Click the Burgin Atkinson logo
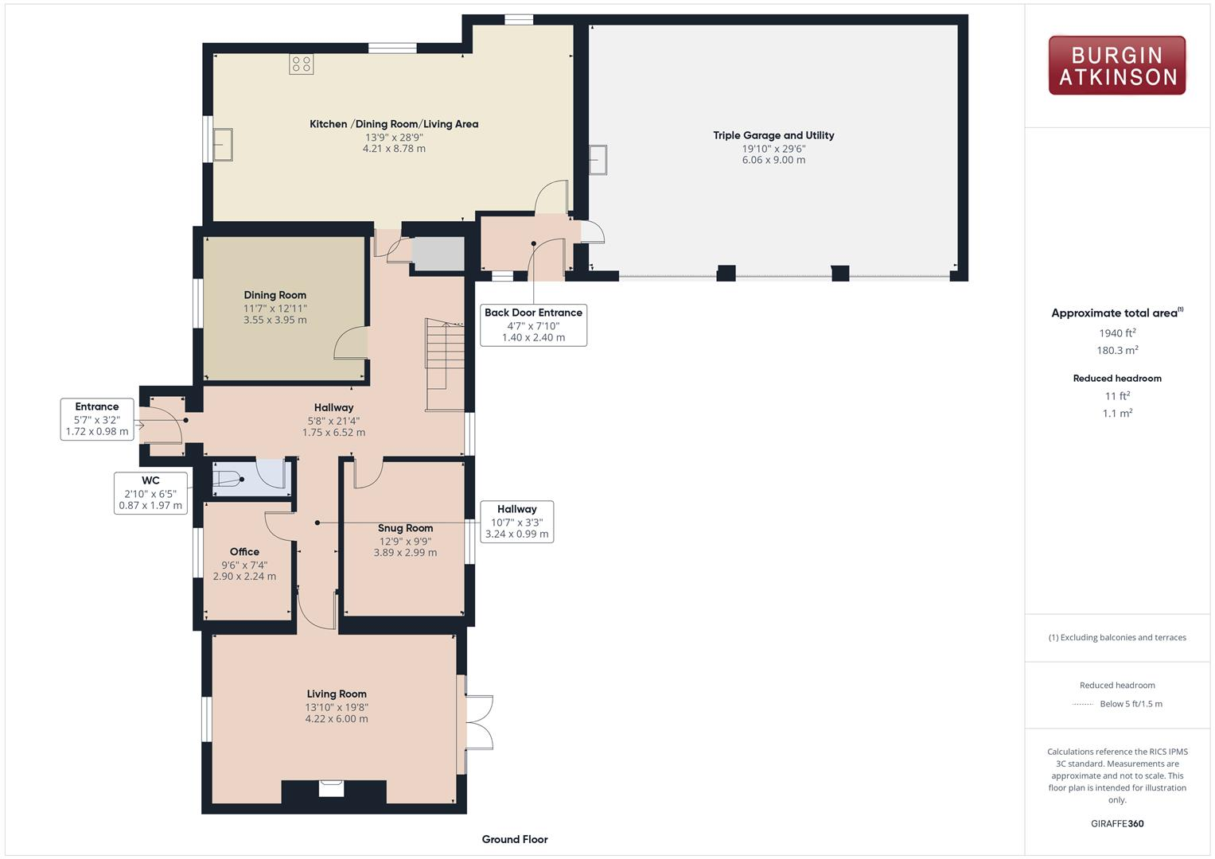[x=1116, y=66]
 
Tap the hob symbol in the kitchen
[x=301, y=64]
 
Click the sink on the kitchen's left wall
[x=222, y=145]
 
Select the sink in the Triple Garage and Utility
[x=598, y=159]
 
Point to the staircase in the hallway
[x=444, y=364]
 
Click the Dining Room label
[x=275, y=295]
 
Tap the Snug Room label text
[x=405, y=528]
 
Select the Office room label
[x=244, y=552]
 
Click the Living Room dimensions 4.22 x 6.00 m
[x=336, y=719]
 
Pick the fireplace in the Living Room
[x=332, y=788]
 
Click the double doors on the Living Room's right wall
[x=477, y=723]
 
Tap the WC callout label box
[x=150, y=492]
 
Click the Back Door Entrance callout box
[x=533, y=325]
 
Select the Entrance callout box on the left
[x=97, y=419]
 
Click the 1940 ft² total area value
[x=1117, y=333]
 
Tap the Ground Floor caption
[x=514, y=839]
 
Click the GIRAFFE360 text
[x=1117, y=823]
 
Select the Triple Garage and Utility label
[x=773, y=135]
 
